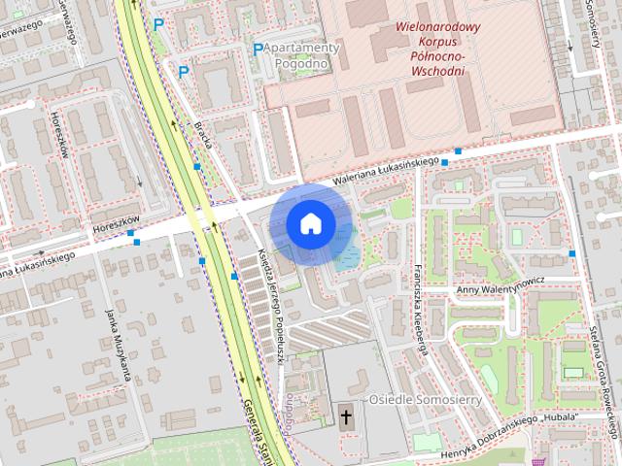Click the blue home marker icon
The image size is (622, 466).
[310, 223]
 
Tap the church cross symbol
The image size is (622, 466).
[346, 418]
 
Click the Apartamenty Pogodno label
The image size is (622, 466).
[301, 55]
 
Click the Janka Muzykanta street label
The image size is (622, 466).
[118, 346]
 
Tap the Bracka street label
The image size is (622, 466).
[203, 135]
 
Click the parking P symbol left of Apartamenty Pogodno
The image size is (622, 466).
[258, 50]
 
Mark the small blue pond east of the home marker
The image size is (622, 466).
[346, 254]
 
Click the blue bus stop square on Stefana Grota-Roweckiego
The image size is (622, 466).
[572, 253]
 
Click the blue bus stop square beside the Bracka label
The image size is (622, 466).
[197, 167]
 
